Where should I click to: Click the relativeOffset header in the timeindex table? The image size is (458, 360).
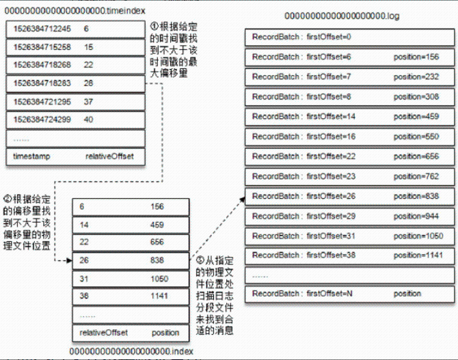pyautogui.click(x=109, y=156)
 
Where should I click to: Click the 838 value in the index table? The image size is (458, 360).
pyautogui.click(x=159, y=260)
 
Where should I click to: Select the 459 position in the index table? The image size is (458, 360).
pyautogui.click(x=159, y=223)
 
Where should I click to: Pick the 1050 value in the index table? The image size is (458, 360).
pyautogui.click(x=161, y=279)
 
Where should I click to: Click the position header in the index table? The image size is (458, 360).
pyautogui.click(x=165, y=333)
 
